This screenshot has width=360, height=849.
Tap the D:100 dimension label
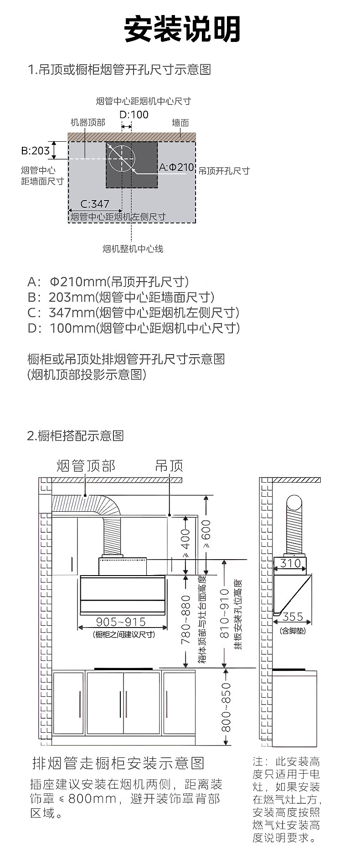[134, 114]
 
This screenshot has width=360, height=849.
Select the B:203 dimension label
[36, 150]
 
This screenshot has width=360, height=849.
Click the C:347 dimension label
[95, 204]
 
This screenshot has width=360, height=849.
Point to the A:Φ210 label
[176, 167]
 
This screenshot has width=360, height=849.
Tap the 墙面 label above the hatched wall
[180, 123]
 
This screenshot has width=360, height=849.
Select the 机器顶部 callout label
[88, 123]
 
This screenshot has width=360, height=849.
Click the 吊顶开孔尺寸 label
[224, 171]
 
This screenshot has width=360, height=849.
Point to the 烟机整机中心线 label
[133, 248]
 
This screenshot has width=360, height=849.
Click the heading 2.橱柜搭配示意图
[75, 436]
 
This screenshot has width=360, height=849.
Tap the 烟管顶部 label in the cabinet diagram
[86, 466]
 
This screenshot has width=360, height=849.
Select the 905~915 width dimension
[121, 622]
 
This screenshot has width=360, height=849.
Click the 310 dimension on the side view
[290, 563]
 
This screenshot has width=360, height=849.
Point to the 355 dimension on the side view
[293, 617]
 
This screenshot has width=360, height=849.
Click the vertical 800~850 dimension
[226, 707]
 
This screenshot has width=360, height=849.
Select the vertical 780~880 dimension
[186, 619]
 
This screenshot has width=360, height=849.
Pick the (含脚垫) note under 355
[293, 631]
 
